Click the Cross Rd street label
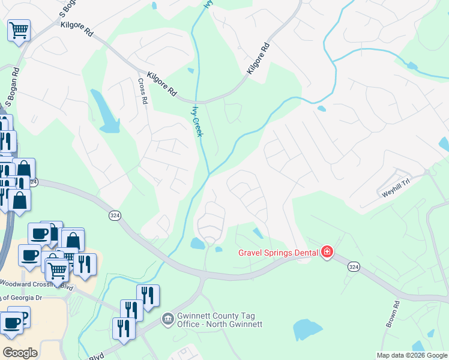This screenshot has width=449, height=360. pyautogui.click(x=142, y=92)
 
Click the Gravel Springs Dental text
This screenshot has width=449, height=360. pyautogui.click(x=277, y=253)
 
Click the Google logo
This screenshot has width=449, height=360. pyautogui.click(x=20, y=352)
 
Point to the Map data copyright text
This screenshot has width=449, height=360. pyautogui.click(x=412, y=355)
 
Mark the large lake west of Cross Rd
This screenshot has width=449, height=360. pyautogui.click(x=105, y=112)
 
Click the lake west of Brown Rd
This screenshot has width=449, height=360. pyautogui.click(x=308, y=329)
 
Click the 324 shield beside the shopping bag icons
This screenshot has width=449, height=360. pyautogui.click(x=33, y=182)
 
